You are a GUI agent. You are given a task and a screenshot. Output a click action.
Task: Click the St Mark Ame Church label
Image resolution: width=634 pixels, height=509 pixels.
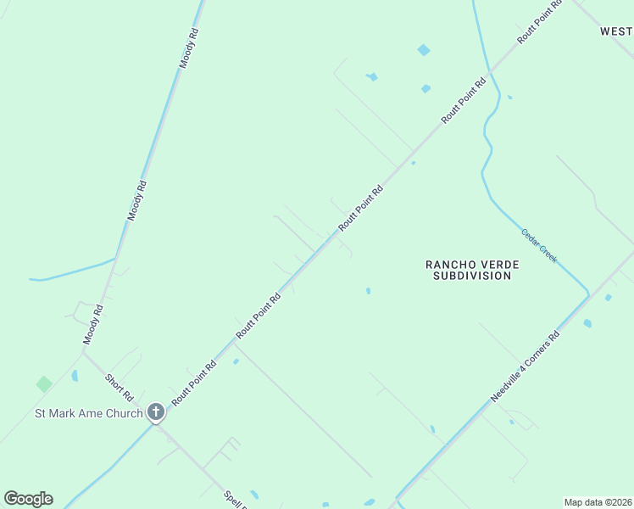[88, 414]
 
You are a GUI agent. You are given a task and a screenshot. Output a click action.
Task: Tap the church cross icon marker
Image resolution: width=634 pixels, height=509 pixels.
[155, 412]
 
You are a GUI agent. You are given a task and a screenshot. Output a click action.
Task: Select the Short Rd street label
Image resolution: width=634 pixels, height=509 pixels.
[120, 388]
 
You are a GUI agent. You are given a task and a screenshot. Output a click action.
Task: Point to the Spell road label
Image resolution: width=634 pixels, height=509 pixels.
[233, 499]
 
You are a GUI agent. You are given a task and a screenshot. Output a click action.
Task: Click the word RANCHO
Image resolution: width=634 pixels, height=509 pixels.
[452, 265]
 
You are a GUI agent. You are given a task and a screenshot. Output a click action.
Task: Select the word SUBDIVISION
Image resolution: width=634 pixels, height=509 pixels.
[472, 276]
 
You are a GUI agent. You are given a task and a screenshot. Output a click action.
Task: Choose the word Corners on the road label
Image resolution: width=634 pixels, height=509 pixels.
[540, 354]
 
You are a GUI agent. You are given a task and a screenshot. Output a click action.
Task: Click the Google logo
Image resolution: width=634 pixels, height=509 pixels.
[28, 499]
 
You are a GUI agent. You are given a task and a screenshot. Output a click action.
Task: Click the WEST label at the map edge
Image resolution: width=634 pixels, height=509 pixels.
[616, 31]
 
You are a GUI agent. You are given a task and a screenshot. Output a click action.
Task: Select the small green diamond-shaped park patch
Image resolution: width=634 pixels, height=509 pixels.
[44, 384]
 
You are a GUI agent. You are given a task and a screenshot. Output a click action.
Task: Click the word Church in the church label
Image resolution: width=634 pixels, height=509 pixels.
[125, 414]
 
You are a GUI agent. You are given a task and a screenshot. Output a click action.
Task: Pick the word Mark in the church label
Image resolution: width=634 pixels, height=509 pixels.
[62, 414]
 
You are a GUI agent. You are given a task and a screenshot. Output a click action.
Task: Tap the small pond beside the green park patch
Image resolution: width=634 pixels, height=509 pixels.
[75, 375]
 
